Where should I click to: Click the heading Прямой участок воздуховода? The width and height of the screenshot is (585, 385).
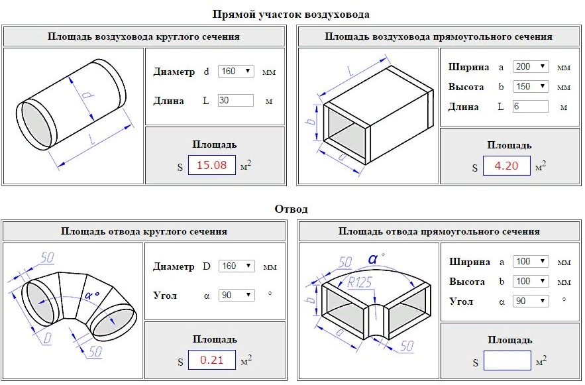pyautogui.click(x=291, y=14)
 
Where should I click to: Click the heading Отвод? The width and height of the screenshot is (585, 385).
pyautogui.click(x=291, y=209)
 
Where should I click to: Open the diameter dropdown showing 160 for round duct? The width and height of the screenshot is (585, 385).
pyautogui.click(x=236, y=72)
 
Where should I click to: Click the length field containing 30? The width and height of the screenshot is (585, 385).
pyautogui.click(x=236, y=101)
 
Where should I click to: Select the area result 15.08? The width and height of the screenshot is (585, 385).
pyautogui.click(x=212, y=166)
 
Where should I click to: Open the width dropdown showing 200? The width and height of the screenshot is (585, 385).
pyautogui.click(x=531, y=67)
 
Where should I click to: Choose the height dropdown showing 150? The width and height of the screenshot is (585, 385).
pyautogui.click(x=531, y=87)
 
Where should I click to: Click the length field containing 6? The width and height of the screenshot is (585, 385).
pyautogui.click(x=530, y=107)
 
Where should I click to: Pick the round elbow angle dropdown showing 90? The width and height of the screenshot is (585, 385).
pyautogui.click(x=237, y=295)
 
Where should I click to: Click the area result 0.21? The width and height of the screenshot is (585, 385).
pyautogui.click(x=212, y=360)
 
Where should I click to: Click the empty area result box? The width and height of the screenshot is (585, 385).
pyautogui.click(x=507, y=360)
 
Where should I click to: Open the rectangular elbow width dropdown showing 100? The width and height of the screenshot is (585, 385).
pyautogui.click(x=531, y=262)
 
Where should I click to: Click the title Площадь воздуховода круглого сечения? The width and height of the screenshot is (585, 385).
pyautogui.click(x=144, y=36)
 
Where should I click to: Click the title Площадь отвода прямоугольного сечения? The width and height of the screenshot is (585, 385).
pyautogui.click(x=439, y=231)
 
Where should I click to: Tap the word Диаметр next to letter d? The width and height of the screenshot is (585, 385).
pyautogui.click(x=174, y=72)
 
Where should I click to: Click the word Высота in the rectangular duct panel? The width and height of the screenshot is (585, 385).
pyautogui.click(x=466, y=87)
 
